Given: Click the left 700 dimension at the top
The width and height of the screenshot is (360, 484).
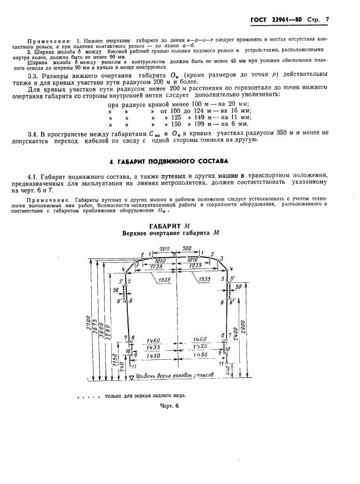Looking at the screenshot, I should click(x=164, y=248).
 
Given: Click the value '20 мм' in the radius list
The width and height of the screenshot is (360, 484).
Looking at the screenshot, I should click(x=241, y=104).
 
